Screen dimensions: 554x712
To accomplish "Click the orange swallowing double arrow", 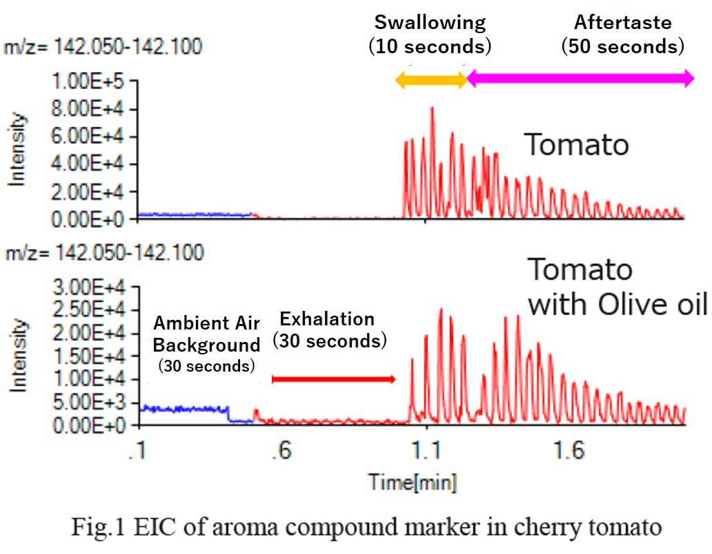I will [431, 79].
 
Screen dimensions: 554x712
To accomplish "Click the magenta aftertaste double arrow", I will [580, 79].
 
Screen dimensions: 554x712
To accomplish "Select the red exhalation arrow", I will [334, 379].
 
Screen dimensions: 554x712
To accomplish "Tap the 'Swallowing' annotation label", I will [430, 22].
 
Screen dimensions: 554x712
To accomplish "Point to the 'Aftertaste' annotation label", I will [622, 22].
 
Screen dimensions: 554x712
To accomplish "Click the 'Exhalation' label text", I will [327, 319].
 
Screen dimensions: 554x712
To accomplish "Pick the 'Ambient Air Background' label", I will [207, 333].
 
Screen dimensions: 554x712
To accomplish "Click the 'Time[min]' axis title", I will [412, 481].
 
